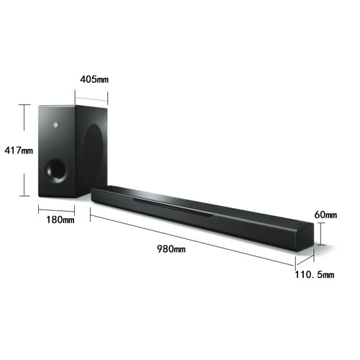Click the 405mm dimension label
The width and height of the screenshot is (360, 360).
click(94, 79)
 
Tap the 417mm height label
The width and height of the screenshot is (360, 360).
click(19, 150)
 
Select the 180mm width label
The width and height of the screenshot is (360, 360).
click(60, 220)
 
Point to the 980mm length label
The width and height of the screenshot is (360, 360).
click(171, 249)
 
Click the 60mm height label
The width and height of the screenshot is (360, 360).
click(325, 215)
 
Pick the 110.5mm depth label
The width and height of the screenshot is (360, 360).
click(315, 274)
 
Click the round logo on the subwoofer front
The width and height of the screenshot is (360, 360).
click(56, 125)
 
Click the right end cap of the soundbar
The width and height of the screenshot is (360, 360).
click(305, 238)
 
